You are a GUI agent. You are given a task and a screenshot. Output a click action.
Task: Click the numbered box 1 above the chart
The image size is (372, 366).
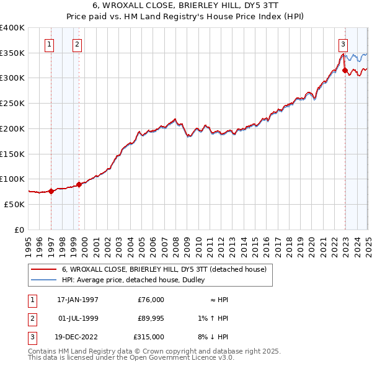tap(49, 44)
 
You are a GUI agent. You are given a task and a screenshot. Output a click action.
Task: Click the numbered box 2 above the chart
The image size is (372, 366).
tap(76, 44)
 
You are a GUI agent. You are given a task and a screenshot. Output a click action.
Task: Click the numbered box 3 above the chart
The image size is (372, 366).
tap(343, 44)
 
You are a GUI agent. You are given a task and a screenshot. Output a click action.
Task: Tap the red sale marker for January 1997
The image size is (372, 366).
tap(51, 191)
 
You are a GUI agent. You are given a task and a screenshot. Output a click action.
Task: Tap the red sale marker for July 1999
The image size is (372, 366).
tap(79, 184)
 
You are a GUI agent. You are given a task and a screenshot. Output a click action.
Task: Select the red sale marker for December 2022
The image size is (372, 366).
tap(345, 71)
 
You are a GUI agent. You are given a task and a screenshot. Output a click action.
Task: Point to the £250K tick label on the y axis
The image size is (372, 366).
tap(12, 104)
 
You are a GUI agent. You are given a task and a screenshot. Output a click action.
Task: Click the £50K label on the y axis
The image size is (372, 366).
tap(15, 204)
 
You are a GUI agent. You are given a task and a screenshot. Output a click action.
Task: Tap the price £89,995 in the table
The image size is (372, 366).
tap(150, 318)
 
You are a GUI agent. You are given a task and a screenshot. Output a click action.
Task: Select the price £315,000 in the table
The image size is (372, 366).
tap(149, 337)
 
